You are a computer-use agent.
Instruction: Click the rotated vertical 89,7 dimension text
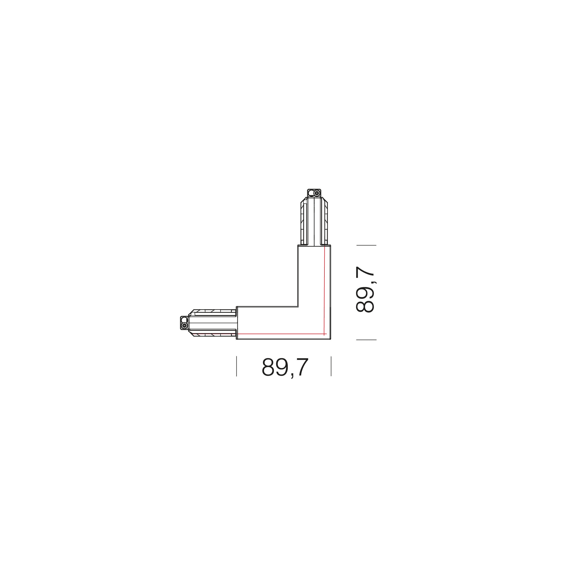365,289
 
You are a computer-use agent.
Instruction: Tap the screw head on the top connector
317,193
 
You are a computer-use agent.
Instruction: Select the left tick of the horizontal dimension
237,366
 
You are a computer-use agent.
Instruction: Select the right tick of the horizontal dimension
331,366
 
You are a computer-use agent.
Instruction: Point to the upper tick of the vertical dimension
366,245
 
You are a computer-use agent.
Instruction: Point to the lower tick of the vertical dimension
366,340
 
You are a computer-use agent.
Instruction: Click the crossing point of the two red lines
324,334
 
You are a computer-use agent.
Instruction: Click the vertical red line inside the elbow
324,290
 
